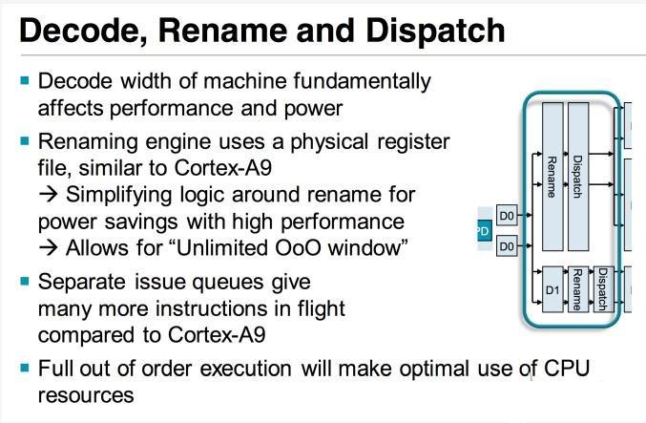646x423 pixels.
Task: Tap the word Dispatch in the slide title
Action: [435, 32]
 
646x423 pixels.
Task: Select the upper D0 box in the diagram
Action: [507, 215]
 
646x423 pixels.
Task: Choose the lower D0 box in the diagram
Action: [507, 246]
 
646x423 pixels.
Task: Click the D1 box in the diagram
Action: [552, 289]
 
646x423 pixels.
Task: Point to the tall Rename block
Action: [552, 177]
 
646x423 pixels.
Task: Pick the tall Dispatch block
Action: [578, 177]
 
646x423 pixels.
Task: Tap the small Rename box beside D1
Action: [578, 289]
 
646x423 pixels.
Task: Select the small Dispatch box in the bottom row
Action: [604, 289]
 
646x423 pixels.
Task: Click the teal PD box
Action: [485, 230]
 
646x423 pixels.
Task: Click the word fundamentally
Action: [363, 82]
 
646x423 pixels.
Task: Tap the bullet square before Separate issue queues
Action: [25, 282]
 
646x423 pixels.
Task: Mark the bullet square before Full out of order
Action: [25, 367]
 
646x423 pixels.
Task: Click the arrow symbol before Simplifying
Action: [49, 195]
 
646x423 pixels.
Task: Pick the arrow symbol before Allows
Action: [49, 248]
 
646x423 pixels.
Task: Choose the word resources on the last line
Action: [86, 396]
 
